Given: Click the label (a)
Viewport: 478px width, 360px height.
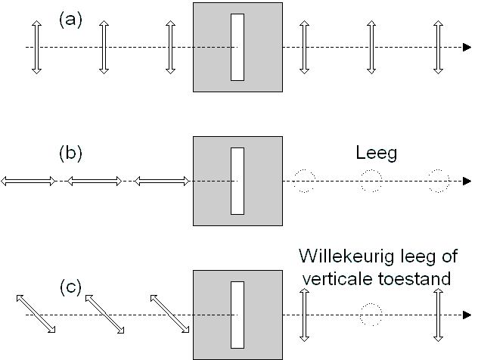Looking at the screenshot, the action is (70, 20).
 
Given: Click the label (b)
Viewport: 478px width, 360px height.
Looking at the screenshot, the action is (70, 153).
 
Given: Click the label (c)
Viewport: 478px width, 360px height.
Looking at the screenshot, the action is (70, 287).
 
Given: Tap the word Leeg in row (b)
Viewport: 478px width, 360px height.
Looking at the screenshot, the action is (377, 154).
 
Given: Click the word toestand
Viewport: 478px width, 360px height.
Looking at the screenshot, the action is (414, 278).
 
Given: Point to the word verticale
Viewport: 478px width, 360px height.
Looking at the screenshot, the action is (337, 278).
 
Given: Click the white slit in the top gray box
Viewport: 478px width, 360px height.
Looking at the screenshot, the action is (237, 47).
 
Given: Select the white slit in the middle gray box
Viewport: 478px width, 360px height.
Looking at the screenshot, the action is (237, 181).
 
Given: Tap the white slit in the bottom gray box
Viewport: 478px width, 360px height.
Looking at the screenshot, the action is (237, 315).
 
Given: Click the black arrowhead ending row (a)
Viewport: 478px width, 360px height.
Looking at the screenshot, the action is (467, 47).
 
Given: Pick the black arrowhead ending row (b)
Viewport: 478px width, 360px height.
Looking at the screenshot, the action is (467, 181).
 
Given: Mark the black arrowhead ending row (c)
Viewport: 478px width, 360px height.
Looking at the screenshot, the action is (467, 315).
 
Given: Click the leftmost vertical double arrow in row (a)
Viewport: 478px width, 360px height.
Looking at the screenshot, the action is (36, 47).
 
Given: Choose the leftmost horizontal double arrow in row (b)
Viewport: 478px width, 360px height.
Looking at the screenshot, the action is (28, 182).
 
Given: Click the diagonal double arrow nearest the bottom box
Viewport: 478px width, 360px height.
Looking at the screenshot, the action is (170, 314).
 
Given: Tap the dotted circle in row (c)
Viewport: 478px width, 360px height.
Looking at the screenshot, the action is (371, 315).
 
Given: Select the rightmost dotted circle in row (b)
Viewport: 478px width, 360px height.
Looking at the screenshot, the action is (439, 181).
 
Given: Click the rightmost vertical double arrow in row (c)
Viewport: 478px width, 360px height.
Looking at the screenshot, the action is (439, 315).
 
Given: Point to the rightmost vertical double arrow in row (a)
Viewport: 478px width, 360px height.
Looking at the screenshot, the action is (439, 47).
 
